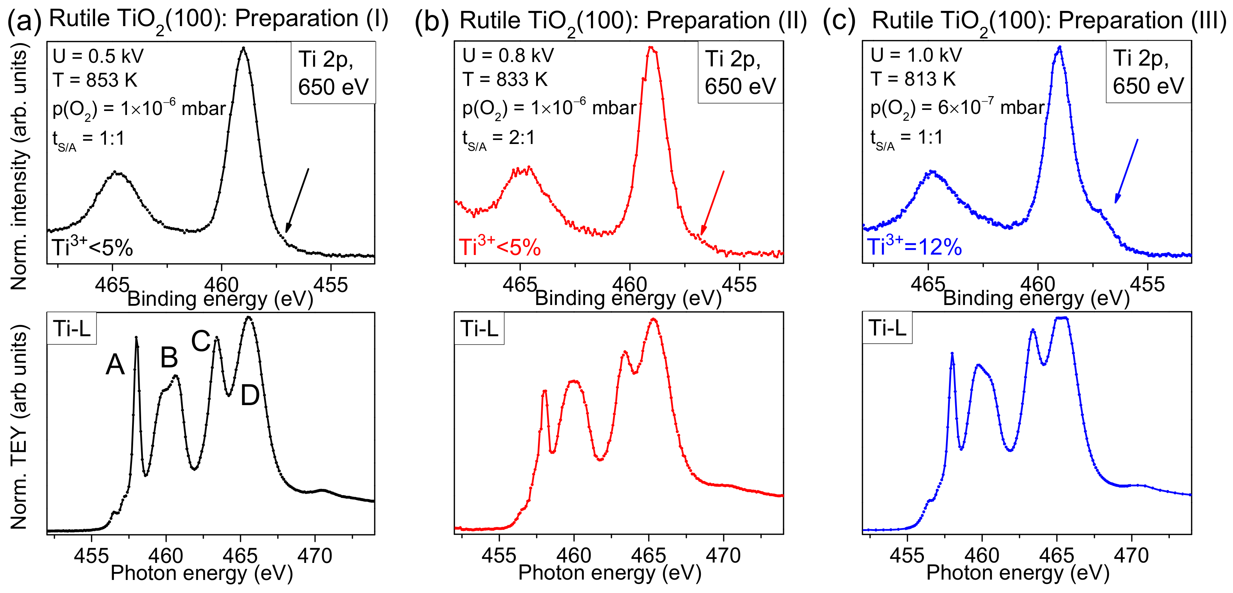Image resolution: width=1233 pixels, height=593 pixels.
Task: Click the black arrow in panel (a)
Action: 297,200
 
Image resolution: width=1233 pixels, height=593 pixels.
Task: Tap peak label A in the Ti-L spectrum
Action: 115,365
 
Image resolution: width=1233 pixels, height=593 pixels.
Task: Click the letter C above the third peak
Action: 201,341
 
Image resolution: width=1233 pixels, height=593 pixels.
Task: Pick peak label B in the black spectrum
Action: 169,358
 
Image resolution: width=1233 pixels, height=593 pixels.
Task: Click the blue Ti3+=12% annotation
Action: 914,247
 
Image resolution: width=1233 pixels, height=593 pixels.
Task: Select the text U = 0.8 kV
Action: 508,56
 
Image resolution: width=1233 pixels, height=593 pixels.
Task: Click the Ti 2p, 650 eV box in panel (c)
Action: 1147,72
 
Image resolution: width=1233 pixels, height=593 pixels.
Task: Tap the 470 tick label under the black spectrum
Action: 315,556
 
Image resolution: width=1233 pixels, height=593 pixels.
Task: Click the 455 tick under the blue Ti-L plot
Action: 907,556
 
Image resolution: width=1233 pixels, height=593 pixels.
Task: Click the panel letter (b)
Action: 431,21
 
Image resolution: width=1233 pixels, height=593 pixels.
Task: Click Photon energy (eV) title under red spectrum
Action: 609,572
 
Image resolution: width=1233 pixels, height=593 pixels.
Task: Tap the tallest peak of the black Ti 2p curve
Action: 244,48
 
